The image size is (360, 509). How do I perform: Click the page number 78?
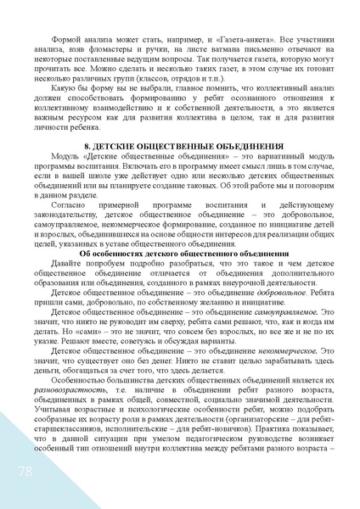[x=16, y=469]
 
